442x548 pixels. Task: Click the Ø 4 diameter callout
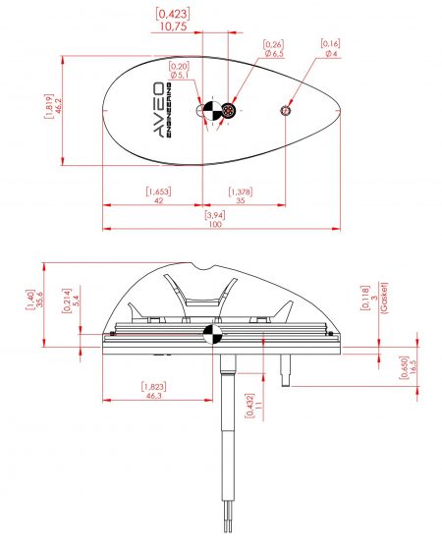click(330, 53)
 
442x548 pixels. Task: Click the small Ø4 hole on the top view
click(285, 110)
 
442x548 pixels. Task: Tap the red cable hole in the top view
click(228, 110)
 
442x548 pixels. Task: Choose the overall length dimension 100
click(214, 225)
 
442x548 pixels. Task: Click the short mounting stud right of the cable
click(285, 369)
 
